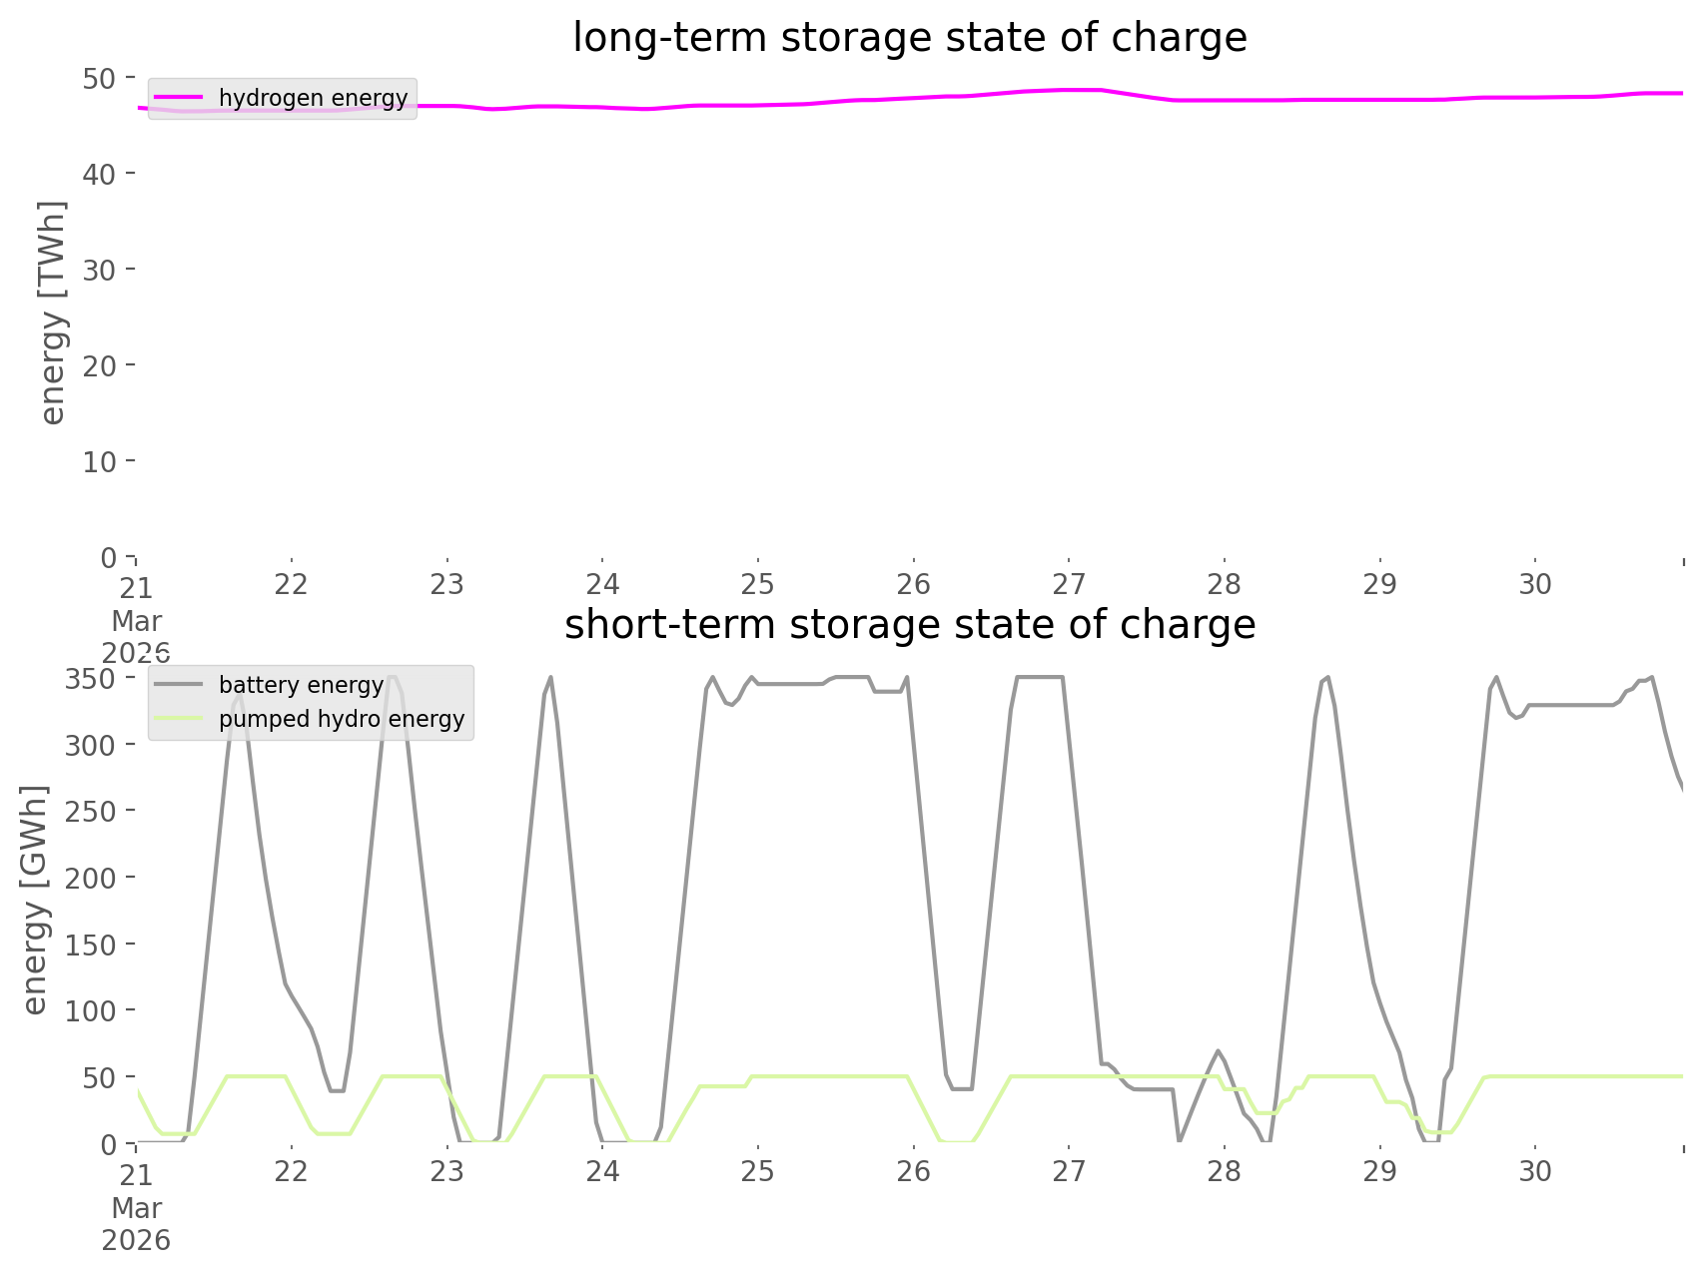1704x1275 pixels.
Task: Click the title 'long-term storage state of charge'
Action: coord(909,38)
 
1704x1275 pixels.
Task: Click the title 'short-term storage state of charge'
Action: coord(909,625)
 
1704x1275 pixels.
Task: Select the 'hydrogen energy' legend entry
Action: coord(313,98)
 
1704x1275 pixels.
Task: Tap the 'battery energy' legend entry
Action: coord(301,685)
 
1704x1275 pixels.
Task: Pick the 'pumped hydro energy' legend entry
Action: coord(342,719)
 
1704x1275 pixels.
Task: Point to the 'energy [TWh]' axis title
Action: coord(52,313)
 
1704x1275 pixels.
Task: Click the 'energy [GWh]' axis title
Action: coord(35,900)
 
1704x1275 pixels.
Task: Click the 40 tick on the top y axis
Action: coord(99,174)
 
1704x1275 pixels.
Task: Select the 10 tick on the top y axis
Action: coord(99,461)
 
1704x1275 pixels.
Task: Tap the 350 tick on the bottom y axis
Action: coord(91,678)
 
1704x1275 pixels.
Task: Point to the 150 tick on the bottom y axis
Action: coord(91,945)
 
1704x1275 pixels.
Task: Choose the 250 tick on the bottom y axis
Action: coord(91,811)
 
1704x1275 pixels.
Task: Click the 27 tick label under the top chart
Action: coord(1069,584)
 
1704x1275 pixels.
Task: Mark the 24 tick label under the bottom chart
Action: coord(602,1171)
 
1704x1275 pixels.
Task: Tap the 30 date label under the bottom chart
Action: coord(1535,1171)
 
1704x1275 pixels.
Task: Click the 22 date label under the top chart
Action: coord(292,584)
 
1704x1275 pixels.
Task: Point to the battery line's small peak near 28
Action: coord(1218,1050)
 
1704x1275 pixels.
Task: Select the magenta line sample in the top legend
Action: coord(179,98)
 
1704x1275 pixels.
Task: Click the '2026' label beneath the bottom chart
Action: coord(137,1240)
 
